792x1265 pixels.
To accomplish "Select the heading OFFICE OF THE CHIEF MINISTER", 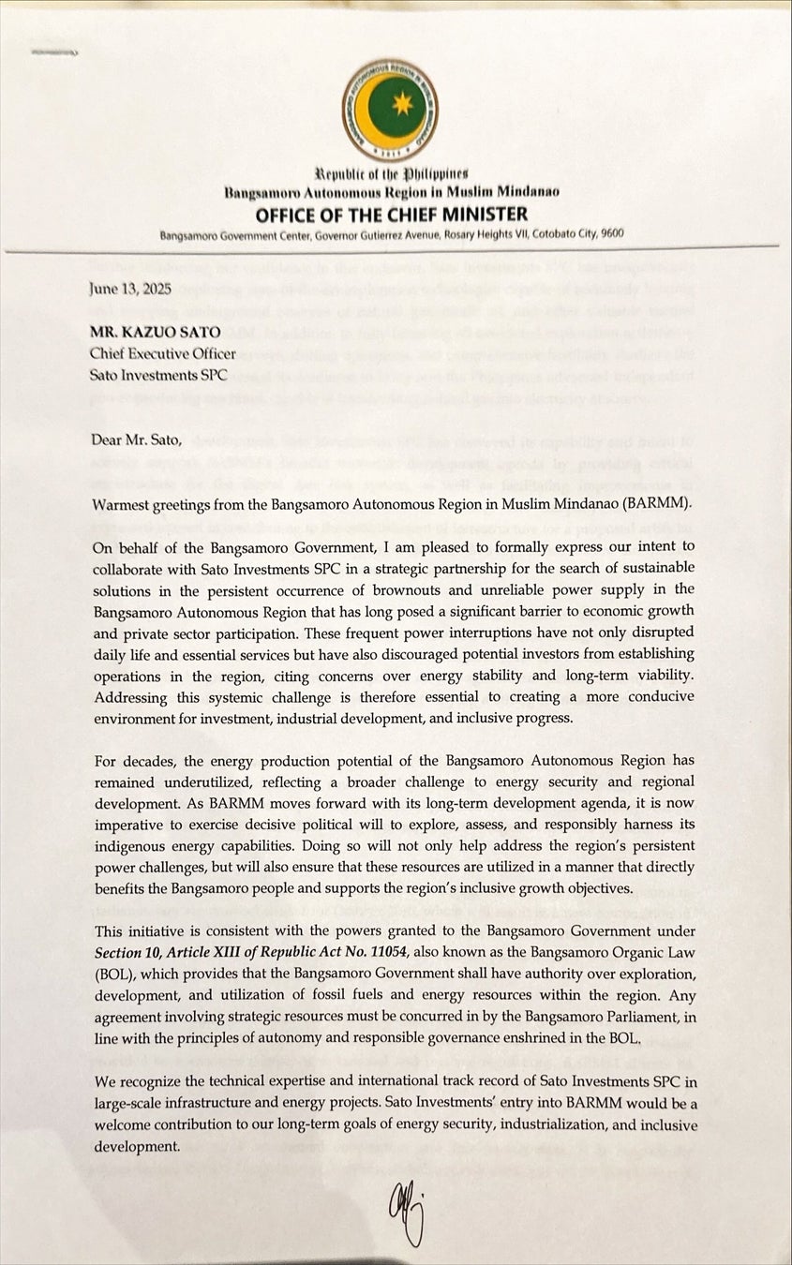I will [x=392, y=215].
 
